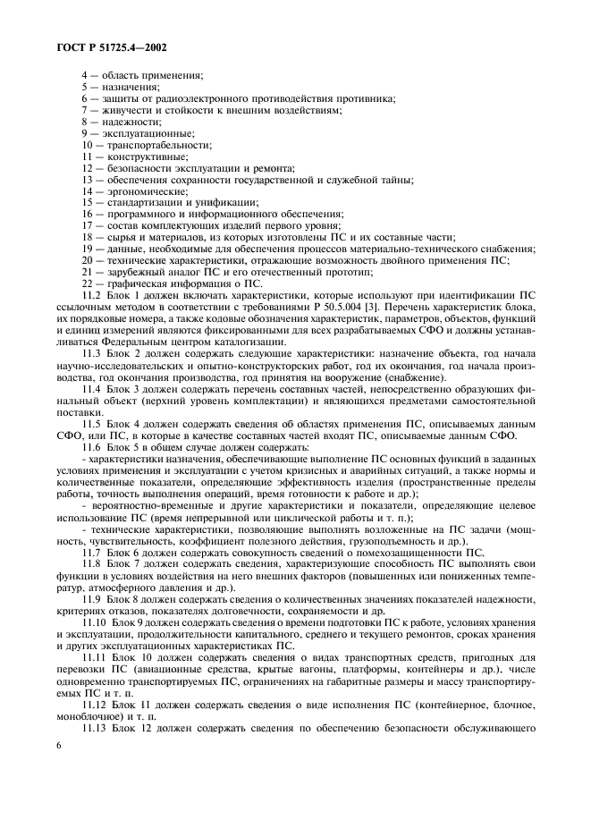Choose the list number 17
click(x=88, y=225)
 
